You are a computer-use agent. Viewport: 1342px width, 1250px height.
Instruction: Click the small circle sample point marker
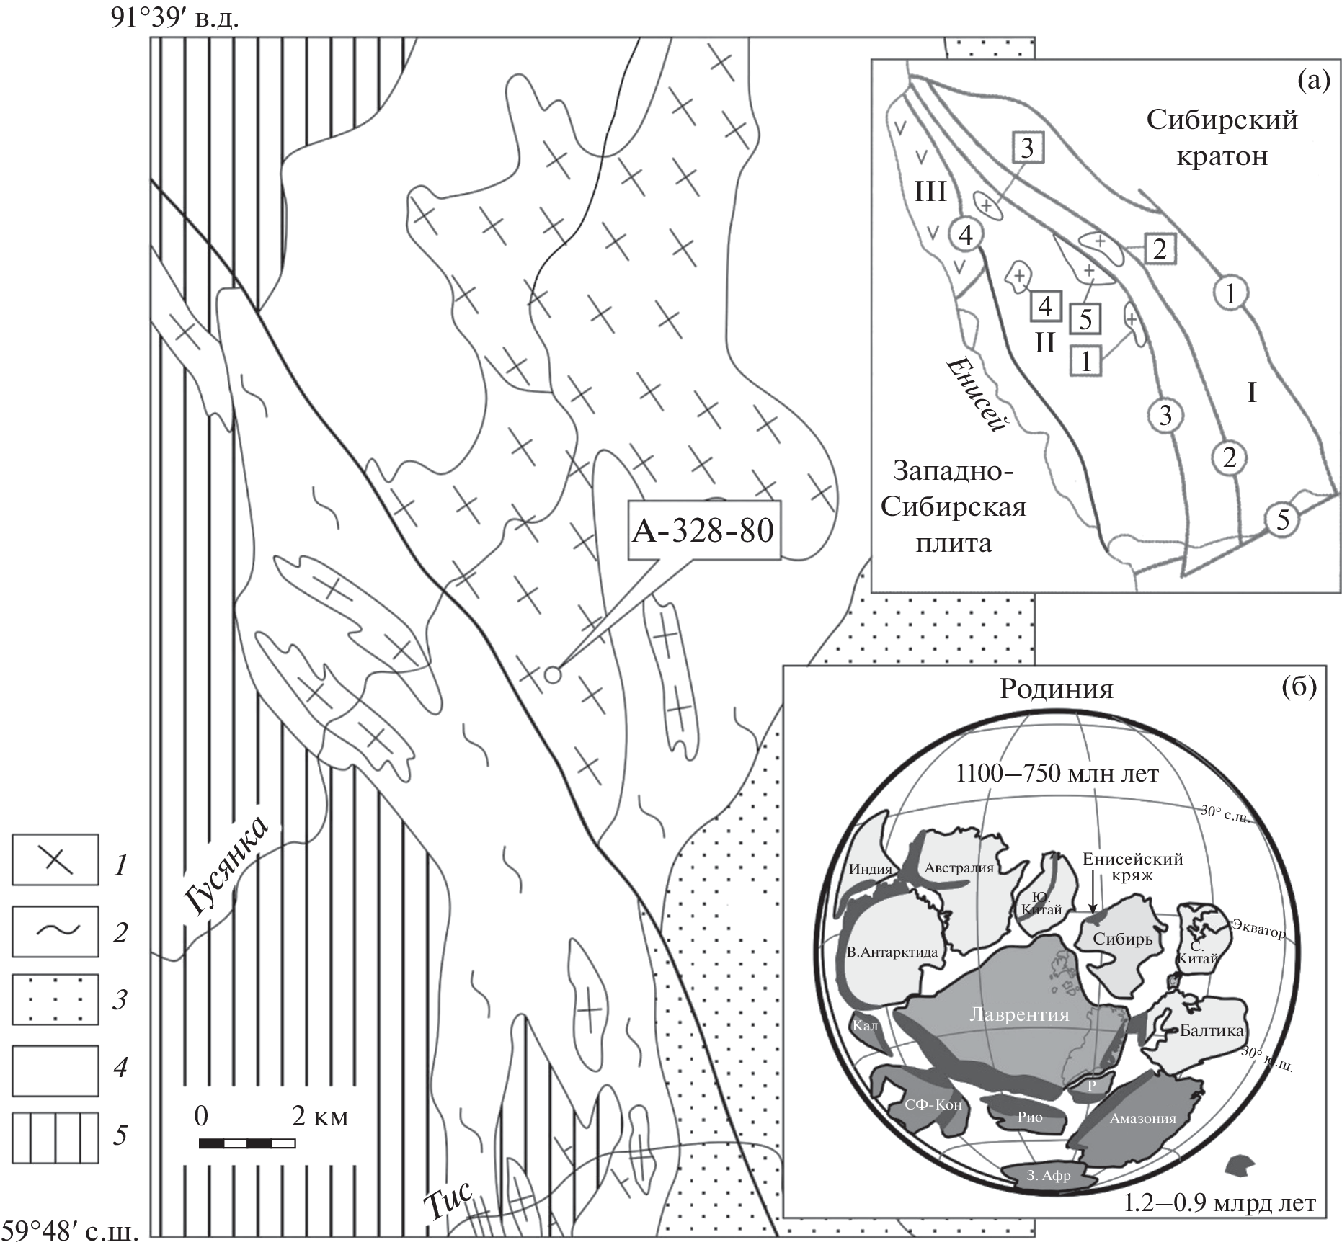(552, 674)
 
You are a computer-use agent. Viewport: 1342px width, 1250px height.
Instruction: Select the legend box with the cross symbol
(55, 860)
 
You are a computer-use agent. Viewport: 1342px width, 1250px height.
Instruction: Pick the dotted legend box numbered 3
(55, 999)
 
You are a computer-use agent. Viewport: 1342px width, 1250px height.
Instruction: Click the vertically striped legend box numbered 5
(55, 1138)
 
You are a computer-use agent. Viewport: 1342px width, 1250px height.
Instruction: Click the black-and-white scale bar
(246, 1143)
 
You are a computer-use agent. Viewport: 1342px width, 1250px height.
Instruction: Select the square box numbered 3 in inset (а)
(1027, 148)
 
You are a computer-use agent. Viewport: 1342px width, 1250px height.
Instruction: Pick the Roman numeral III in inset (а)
(930, 193)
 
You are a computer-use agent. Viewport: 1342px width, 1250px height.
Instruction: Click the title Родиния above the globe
(1056, 689)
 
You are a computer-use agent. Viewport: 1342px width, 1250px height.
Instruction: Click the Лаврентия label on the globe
(1018, 1014)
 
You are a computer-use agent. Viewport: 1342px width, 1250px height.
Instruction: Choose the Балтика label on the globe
(1212, 1031)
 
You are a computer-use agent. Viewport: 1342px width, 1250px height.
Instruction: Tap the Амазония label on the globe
(1142, 1118)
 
